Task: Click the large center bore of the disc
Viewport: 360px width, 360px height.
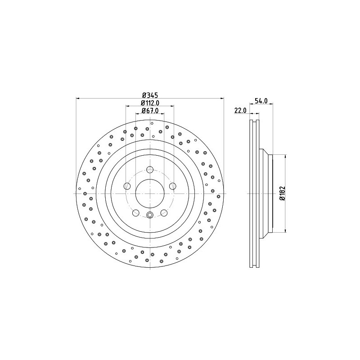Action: click(x=150, y=193)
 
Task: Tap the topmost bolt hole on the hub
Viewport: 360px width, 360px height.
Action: click(x=150, y=170)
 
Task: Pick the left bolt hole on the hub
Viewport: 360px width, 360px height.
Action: click(x=128, y=186)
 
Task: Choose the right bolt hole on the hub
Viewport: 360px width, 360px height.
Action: click(x=172, y=186)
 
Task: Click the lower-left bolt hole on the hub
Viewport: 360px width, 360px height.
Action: click(x=136, y=212)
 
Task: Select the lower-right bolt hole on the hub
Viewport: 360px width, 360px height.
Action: click(x=164, y=212)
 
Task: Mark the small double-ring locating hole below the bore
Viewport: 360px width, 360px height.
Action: click(x=150, y=215)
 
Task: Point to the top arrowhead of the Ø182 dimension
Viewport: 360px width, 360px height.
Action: click(x=285, y=156)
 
